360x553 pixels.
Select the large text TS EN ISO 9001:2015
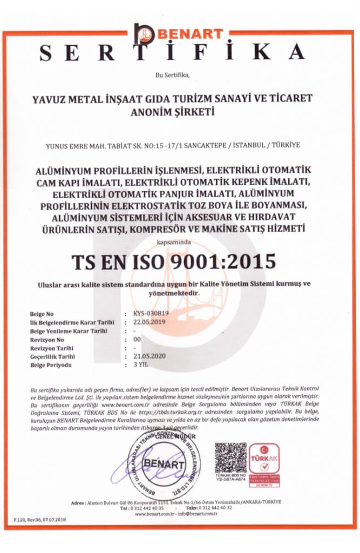(x=174, y=261)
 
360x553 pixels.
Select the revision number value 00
(x=137, y=340)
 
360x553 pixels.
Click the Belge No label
(x=43, y=314)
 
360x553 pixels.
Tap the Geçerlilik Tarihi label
(x=53, y=357)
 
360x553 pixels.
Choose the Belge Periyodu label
(x=51, y=366)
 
